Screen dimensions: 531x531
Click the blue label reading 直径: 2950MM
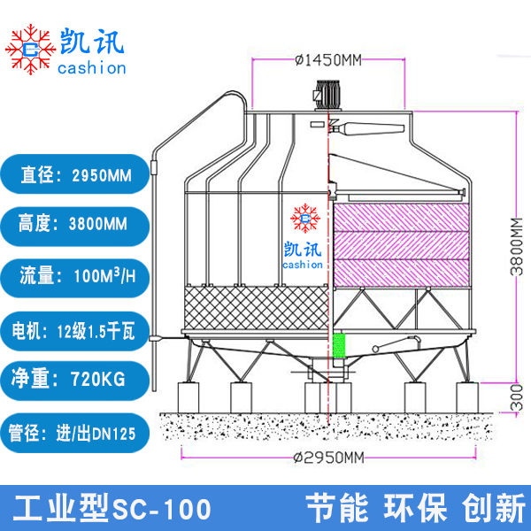(x=75, y=175)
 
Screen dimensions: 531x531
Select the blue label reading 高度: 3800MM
(x=75, y=225)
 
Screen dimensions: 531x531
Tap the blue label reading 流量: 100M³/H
(x=75, y=276)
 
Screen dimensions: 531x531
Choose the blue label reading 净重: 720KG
(x=75, y=381)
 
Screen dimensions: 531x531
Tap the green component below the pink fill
(x=337, y=347)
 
